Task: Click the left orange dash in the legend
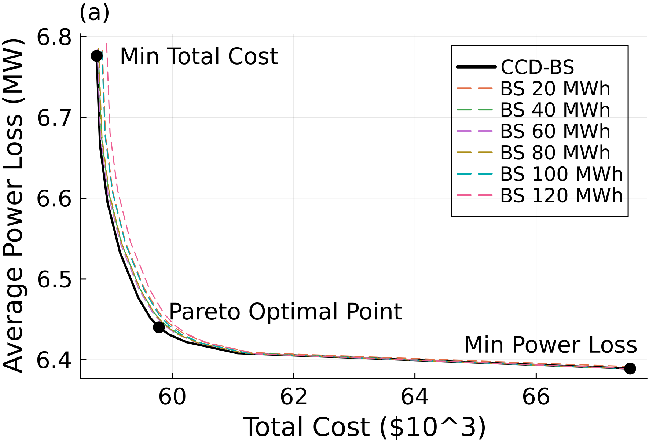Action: (x=464, y=88)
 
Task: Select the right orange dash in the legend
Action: (x=485, y=88)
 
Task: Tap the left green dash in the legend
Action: (x=464, y=110)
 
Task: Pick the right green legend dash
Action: (x=485, y=110)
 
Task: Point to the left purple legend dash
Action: (x=464, y=131)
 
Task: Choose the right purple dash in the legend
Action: (x=485, y=131)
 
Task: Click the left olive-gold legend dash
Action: (x=464, y=152)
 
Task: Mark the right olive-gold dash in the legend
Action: (x=485, y=152)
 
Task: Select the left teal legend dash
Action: (x=464, y=174)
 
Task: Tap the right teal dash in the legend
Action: (x=485, y=174)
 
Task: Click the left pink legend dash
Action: (x=464, y=195)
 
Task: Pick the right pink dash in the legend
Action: (x=485, y=195)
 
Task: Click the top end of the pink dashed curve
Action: (x=107, y=44)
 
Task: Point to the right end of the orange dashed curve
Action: (x=624, y=366)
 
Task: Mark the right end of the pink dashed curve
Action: (x=624, y=368)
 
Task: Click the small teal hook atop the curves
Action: (x=102, y=53)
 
